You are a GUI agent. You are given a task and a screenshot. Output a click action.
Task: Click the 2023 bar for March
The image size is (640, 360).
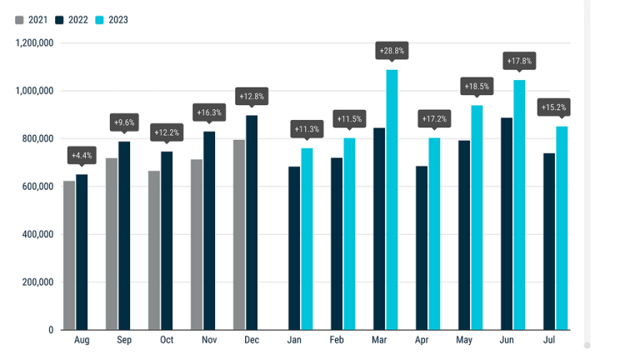point(392,200)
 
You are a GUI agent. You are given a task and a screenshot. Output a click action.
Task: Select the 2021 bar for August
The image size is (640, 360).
point(69,255)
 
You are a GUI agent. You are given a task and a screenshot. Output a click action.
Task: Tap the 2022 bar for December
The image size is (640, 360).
point(252,222)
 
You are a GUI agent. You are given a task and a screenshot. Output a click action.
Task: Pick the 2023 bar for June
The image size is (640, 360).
point(519,205)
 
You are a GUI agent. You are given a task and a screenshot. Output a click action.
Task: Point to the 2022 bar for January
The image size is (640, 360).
point(294,248)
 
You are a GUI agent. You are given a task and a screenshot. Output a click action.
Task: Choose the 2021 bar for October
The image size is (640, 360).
point(154,250)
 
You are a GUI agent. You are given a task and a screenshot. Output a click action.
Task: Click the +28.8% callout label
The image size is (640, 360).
point(392,51)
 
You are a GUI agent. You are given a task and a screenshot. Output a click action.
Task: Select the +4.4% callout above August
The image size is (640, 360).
point(82,156)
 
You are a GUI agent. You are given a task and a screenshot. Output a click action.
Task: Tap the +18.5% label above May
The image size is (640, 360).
point(477,87)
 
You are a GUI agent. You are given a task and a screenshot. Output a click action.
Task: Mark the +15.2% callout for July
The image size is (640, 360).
point(553,107)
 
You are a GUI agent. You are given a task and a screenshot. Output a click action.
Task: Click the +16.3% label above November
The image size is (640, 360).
point(209,112)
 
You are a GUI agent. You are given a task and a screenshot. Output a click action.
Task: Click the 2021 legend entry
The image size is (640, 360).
point(32,20)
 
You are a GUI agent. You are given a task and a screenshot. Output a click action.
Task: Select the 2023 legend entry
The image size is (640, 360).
point(112,20)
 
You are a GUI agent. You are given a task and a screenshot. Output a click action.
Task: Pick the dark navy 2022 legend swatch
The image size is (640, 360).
point(60,20)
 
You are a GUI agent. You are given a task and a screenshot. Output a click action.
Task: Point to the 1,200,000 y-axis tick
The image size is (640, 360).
point(34,42)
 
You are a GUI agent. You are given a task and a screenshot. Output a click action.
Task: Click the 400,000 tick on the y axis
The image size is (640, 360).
point(37,234)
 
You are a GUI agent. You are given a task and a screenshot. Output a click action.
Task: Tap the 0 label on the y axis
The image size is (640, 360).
point(51,330)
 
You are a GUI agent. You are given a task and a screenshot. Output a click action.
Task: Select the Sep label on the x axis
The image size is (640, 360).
point(124,340)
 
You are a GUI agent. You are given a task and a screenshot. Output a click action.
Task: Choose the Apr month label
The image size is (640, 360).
point(422,340)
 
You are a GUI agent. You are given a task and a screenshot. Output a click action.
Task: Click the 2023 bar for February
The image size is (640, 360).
point(349,234)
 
